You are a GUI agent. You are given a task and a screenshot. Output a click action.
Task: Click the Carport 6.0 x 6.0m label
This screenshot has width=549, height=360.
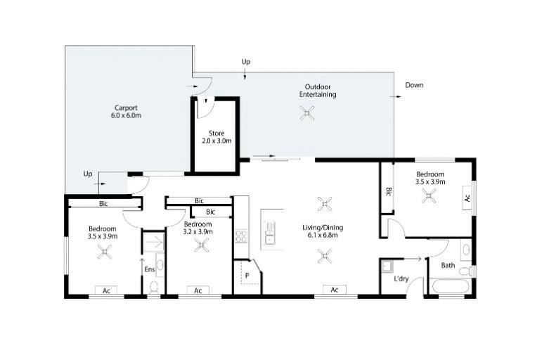tap(126, 112)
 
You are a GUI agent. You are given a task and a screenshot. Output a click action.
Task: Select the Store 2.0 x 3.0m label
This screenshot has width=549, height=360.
tap(217, 137)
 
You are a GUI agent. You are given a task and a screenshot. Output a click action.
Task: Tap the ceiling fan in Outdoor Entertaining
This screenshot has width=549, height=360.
tap(307, 112)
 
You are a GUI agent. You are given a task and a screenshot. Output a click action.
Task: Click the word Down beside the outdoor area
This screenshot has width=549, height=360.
tap(415, 85)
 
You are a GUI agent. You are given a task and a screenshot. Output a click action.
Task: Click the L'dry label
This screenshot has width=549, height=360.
tap(401, 280)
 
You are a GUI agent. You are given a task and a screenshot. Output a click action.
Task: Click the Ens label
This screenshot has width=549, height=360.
tap(149, 269)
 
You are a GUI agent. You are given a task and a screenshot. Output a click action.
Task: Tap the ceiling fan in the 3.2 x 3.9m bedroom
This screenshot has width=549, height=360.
tap(202, 245)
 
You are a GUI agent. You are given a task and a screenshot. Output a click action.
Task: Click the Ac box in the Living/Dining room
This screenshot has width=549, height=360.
tap(335, 290)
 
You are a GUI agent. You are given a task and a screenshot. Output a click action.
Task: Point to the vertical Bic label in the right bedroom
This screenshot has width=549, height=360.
tap(388, 191)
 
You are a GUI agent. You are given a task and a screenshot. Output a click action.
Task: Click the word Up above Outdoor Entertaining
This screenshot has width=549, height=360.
tap(246, 62)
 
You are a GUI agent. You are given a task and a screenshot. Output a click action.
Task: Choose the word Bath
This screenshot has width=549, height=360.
tap(448, 266)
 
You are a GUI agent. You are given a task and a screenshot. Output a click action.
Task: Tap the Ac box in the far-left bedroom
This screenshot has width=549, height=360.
tap(107, 290)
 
